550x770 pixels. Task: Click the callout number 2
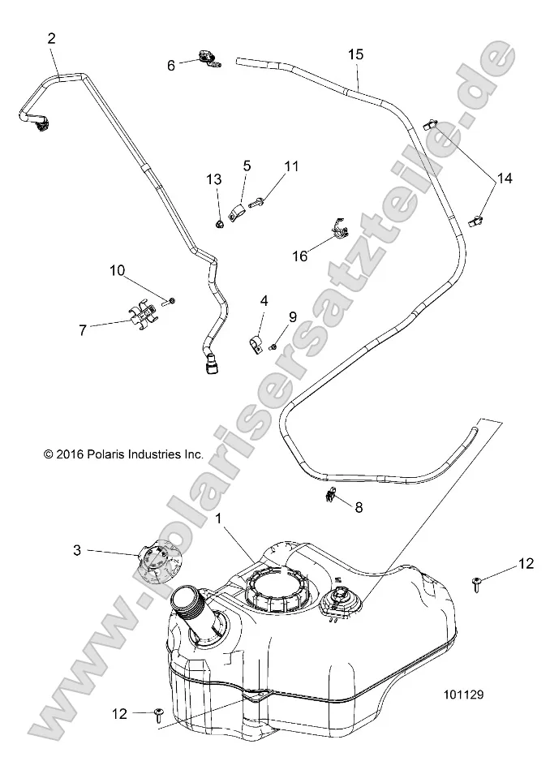(x=53, y=38)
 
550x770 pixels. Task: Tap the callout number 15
(x=356, y=54)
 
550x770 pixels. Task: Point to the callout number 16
(x=300, y=256)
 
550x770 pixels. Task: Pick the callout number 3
(x=77, y=551)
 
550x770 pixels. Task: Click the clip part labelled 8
(x=331, y=496)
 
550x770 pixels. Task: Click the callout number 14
(x=505, y=179)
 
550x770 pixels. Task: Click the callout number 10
(x=118, y=270)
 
